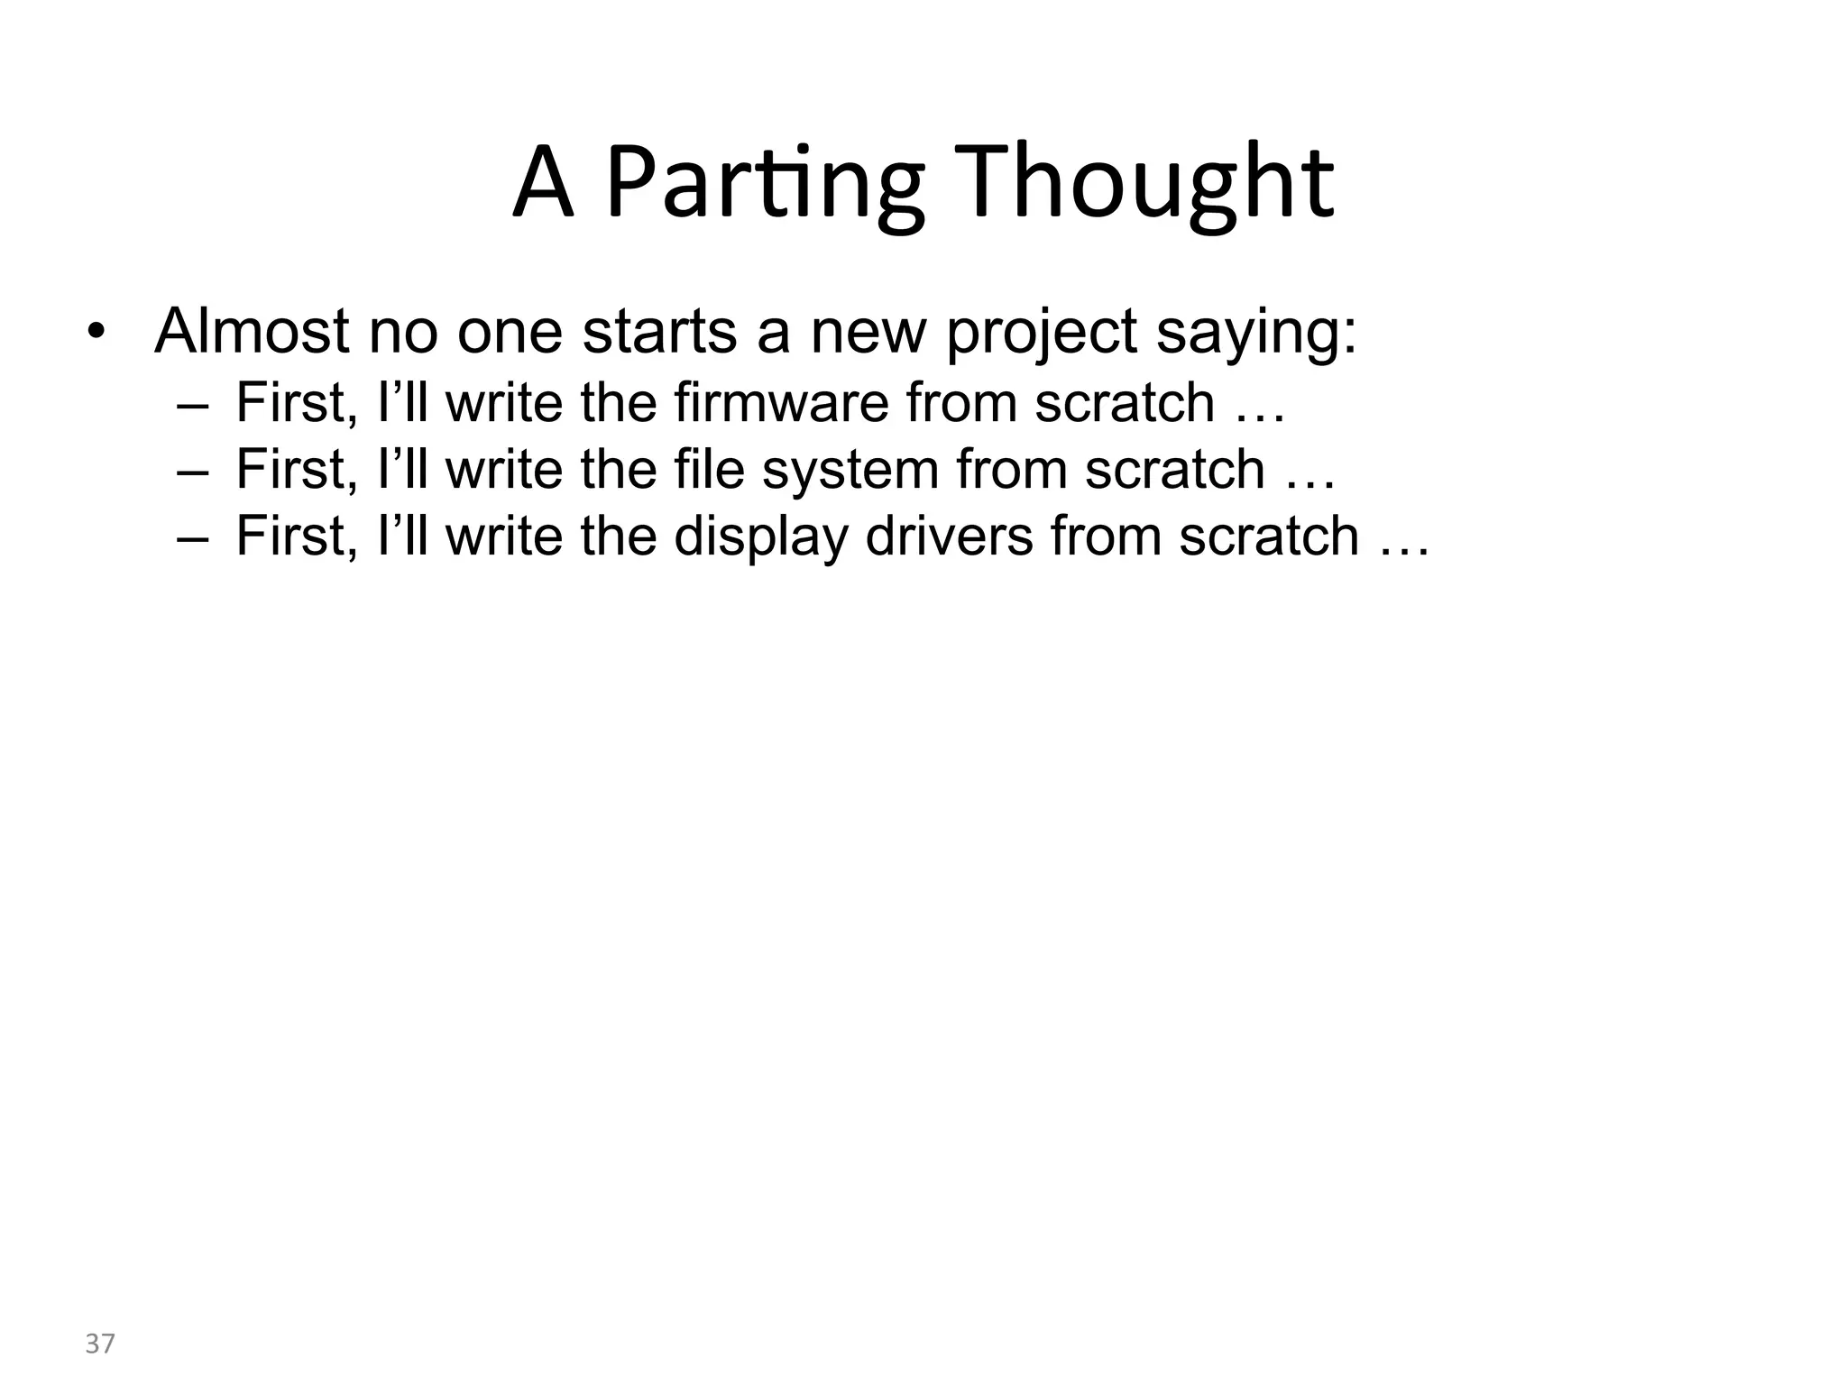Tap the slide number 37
point(100,1344)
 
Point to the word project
point(1041,334)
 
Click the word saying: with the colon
point(1256,334)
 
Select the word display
point(760,537)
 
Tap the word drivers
point(949,537)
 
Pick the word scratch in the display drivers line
point(1269,537)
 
